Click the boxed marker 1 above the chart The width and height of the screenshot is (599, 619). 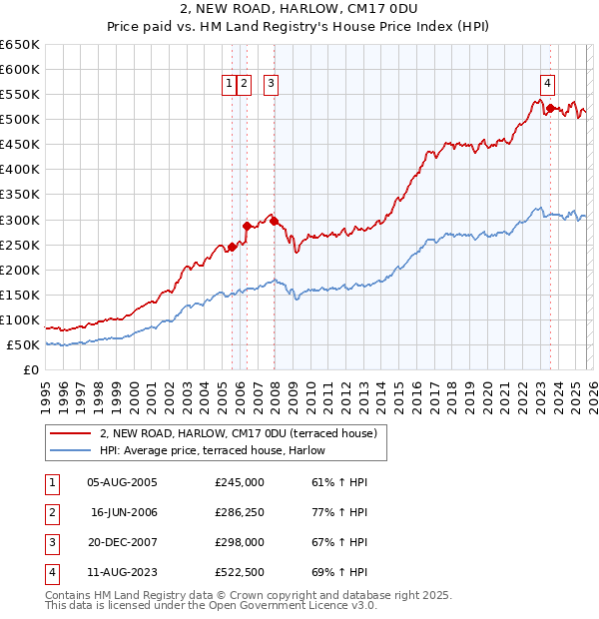pos(230,85)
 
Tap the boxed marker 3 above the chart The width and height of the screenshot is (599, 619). pos(271,85)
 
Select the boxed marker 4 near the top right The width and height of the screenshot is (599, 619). pos(548,85)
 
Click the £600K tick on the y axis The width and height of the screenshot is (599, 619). pos(20,69)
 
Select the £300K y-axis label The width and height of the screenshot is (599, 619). pos(20,220)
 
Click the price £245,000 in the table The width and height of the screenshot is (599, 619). pos(240,481)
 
